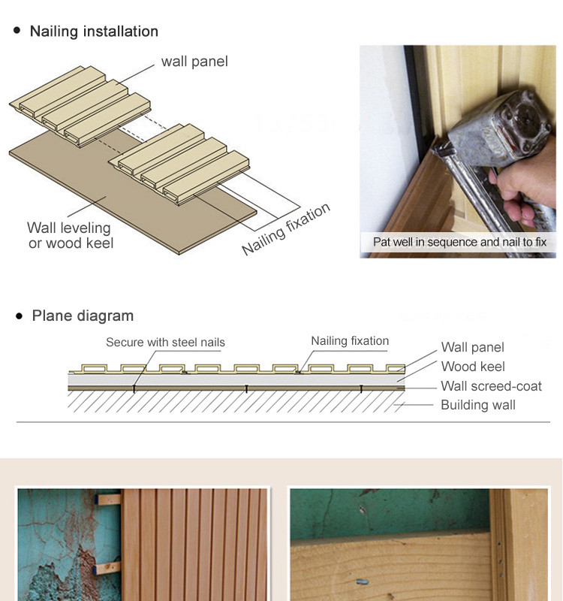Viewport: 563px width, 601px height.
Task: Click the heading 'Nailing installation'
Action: click(x=94, y=32)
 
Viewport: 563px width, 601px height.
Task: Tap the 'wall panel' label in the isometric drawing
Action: click(x=194, y=62)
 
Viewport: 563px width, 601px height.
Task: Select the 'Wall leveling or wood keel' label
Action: click(x=71, y=235)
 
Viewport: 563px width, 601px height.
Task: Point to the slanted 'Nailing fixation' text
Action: click(x=286, y=229)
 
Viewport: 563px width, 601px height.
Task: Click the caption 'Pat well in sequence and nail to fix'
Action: click(x=459, y=242)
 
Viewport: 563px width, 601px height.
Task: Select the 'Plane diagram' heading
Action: click(x=83, y=316)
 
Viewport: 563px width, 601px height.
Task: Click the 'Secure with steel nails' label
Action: click(x=165, y=343)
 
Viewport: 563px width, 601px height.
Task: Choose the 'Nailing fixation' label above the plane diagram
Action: click(x=350, y=341)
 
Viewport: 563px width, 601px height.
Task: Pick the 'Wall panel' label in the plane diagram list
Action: click(x=473, y=347)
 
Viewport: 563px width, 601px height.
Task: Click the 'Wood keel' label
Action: click(x=473, y=367)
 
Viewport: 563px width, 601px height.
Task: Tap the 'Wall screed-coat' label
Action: click(x=492, y=386)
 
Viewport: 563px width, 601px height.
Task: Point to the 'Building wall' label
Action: click(x=478, y=405)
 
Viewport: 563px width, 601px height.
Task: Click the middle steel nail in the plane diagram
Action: click(x=246, y=388)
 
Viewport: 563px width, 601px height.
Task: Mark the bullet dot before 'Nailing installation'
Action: click(x=17, y=30)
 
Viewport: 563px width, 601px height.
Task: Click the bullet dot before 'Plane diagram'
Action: click(x=20, y=316)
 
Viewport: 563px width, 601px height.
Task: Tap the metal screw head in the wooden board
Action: click(x=363, y=581)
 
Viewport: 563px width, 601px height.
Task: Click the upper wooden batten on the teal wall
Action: click(x=109, y=500)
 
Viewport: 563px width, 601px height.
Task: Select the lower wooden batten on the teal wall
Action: click(x=107, y=568)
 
